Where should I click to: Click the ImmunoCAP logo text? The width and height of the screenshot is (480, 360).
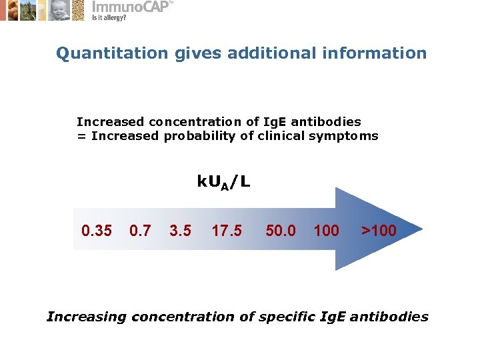(x=131, y=7)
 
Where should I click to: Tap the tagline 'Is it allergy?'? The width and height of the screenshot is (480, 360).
(x=109, y=18)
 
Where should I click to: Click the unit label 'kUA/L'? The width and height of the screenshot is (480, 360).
(x=223, y=182)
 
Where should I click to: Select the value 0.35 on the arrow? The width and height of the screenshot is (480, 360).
(x=96, y=231)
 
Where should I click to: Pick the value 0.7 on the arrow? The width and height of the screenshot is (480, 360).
(x=140, y=231)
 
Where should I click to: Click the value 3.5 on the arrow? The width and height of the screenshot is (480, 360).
(x=180, y=231)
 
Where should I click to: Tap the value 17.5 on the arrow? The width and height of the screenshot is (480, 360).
(x=227, y=231)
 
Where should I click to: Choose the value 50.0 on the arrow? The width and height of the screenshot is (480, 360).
(x=281, y=231)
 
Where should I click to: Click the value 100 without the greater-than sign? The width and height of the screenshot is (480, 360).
(x=326, y=231)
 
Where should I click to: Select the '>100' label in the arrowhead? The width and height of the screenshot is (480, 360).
(x=379, y=231)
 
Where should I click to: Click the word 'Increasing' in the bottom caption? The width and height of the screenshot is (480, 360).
(x=86, y=317)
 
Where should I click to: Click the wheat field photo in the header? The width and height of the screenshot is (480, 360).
(x=28, y=10)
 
